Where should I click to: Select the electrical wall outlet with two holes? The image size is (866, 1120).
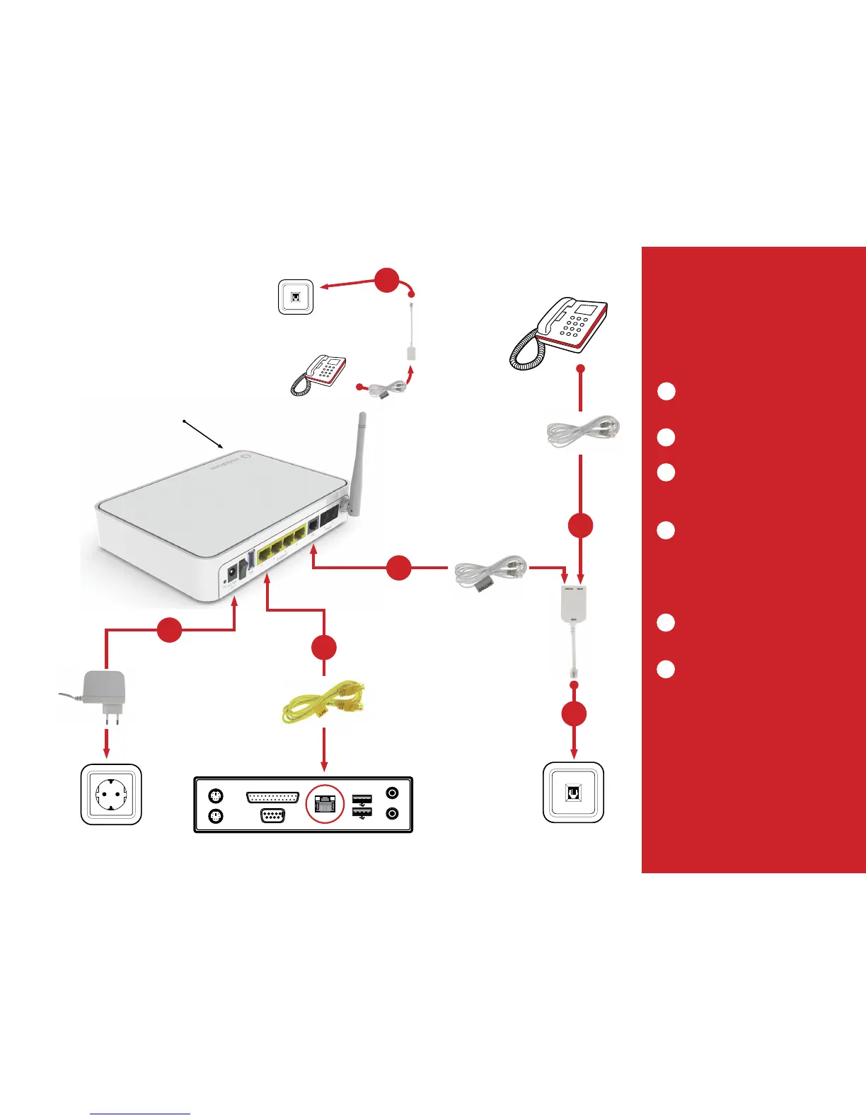111,794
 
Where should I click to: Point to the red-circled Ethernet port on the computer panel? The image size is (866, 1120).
324,805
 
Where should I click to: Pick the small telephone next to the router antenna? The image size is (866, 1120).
319,375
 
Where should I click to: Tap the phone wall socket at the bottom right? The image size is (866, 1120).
573,792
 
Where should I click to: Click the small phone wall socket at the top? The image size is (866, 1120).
296,297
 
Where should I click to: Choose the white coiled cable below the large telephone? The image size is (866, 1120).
583,432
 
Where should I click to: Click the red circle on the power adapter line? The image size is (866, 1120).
169,629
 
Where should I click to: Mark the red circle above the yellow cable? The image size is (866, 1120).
324,648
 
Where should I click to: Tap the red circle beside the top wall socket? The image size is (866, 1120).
386,280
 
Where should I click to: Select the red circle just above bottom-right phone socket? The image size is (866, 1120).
574,714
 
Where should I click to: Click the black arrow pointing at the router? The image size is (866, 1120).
205,435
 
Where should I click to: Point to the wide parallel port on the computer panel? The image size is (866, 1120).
272,797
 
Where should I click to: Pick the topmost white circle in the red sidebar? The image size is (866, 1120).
666,392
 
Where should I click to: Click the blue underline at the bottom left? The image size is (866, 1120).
140,1114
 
